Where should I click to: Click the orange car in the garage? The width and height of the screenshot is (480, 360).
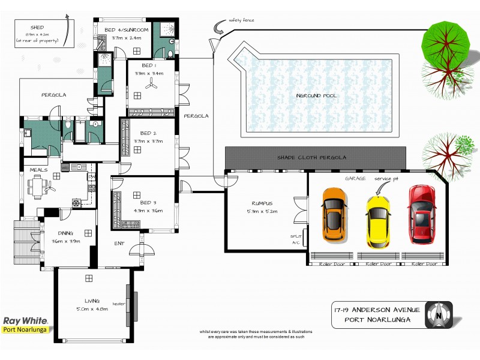334,214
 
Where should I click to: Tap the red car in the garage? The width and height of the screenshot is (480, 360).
421,214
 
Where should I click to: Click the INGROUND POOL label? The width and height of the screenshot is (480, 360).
316,95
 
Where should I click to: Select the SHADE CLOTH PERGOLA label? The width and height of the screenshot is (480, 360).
311,157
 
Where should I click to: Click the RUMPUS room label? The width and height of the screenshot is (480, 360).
263,203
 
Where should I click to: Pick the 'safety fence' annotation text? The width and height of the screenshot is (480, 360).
241,20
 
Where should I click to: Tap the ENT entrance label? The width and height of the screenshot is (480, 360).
120,243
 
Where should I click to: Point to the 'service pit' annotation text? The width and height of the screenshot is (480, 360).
386,179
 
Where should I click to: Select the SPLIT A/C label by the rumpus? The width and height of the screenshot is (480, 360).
294,239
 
